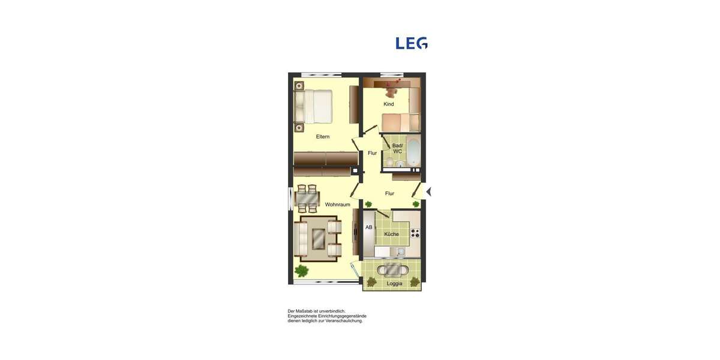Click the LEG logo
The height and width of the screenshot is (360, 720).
coord(412,43)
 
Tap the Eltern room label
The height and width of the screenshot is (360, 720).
coord(323,137)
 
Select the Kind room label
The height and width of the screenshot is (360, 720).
coord(389,104)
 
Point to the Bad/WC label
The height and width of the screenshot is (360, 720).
coord(397,148)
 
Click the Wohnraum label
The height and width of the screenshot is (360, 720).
coord(337,205)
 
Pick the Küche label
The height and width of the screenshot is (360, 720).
coord(391,234)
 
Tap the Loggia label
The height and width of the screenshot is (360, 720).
coord(394,283)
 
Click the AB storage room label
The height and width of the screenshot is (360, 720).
coord(369,227)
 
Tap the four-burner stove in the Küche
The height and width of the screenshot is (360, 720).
coord(415,233)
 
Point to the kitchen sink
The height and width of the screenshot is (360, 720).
coord(401,253)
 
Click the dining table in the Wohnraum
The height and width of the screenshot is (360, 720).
coord(308,199)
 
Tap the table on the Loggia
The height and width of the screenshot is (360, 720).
coord(394,269)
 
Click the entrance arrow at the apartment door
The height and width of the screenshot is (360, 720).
coord(428,191)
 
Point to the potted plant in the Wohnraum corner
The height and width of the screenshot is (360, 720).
coord(301,271)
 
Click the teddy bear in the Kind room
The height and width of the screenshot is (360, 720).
coord(392,90)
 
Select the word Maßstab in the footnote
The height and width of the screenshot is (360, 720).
coord(305,311)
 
